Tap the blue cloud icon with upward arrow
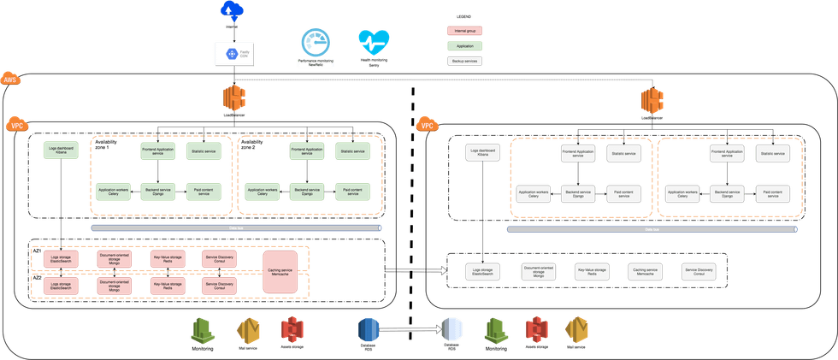tap(231, 10)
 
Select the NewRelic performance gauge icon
tap(315, 42)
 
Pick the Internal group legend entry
tap(464, 32)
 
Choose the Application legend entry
tap(464, 46)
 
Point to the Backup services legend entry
tap(464, 61)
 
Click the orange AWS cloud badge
tap(11, 80)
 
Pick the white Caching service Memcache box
tap(644, 271)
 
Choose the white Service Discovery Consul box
tap(699, 271)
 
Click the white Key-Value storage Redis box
tap(591, 271)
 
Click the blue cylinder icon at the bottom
tap(368, 329)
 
